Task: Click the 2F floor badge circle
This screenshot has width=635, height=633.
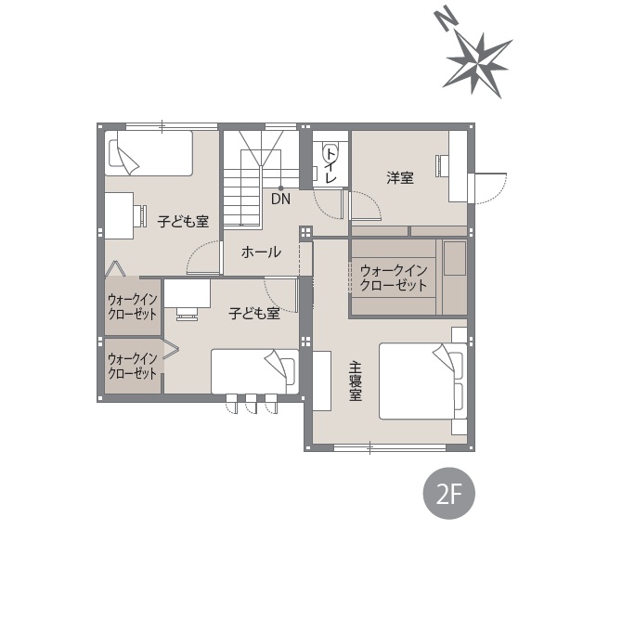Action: click(448, 493)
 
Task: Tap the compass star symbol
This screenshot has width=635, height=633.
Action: click(477, 65)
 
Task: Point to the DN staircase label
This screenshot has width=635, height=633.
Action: click(280, 199)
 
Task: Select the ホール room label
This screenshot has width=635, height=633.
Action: click(261, 252)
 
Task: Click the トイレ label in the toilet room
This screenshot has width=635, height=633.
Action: click(331, 165)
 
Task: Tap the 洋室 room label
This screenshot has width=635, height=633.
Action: click(400, 177)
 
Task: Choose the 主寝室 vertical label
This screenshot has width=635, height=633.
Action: click(356, 381)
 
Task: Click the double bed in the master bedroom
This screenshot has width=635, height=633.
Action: click(422, 381)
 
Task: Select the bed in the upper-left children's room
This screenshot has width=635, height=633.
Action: click(149, 153)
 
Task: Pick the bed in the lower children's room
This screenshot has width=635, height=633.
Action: click(254, 371)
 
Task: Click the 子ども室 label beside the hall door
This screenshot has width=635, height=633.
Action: click(183, 222)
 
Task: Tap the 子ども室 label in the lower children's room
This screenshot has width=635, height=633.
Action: click(254, 313)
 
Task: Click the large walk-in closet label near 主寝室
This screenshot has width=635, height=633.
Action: click(394, 278)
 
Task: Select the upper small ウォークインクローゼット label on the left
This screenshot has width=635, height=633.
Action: click(132, 307)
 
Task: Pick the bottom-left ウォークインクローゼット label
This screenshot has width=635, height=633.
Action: click(132, 366)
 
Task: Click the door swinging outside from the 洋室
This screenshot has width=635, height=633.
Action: click(491, 188)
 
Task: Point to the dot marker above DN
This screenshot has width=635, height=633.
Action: click(280, 188)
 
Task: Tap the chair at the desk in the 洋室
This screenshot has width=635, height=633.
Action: click(439, 165)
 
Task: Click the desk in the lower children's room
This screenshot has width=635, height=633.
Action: click(187, 293)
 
